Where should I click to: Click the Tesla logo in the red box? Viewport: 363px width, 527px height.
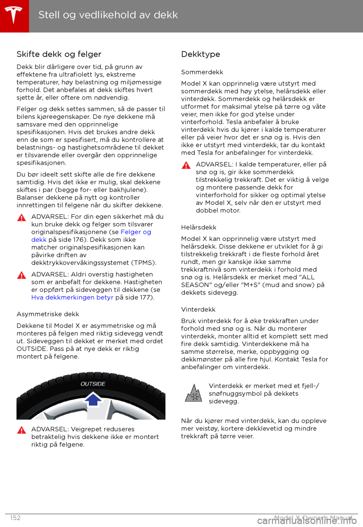tap(14, 15)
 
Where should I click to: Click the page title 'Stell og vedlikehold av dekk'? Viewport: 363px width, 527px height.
tap(108, 15)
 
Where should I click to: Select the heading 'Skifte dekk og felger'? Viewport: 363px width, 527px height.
tap(59, 54)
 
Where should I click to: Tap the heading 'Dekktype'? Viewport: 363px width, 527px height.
tap(200, 54)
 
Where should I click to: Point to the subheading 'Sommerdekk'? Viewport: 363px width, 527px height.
tap(202, 72)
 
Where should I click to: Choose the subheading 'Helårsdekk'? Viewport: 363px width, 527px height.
tap(199, 227)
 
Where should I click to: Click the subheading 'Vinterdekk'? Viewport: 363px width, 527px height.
tap(198, 310)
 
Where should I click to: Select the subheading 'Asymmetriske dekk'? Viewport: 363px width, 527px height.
tap(48, 314)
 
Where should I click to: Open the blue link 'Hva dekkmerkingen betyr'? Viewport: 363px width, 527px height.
tap(72, 297)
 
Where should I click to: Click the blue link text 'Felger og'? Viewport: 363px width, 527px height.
tap(136, 232)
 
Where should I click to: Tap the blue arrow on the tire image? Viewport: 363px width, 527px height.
tap(93, 399)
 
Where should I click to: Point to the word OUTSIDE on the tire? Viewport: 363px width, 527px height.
tap(93, 384)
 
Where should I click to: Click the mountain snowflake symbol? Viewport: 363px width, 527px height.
tap(194, 393)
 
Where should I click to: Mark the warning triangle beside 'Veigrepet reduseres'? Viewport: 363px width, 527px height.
tap(22, 430)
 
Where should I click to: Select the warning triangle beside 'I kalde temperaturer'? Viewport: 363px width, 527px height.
tap(186, 165)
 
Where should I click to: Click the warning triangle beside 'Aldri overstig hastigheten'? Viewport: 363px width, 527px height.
tap(22, 275)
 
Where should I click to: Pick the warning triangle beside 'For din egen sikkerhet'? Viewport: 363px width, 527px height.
tap(22, 217)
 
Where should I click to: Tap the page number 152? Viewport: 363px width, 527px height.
tap(16, 518)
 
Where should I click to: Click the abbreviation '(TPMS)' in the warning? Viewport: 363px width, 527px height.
tap(144, 263)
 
